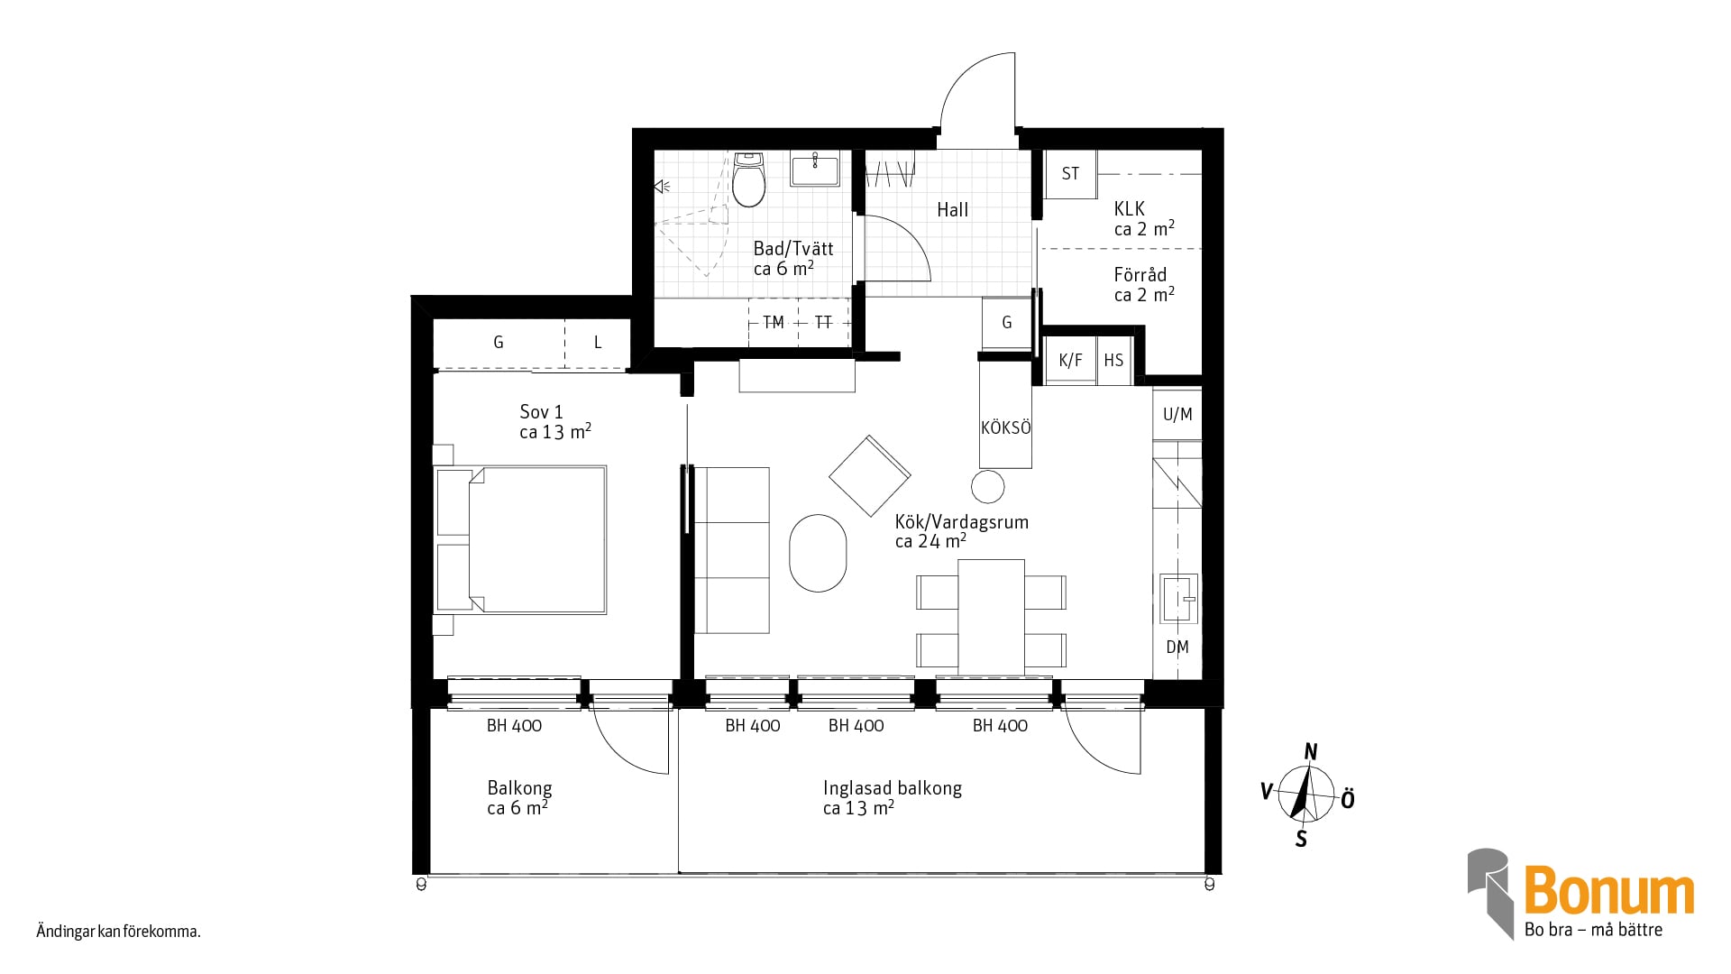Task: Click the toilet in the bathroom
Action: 748,179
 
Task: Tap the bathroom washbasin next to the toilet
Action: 815,169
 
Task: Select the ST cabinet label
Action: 1070,173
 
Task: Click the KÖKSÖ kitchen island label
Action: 1005,428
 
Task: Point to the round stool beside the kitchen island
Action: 988,487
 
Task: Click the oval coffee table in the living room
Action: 818,553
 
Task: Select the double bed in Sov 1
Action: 521,539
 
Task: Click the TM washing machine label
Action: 773,322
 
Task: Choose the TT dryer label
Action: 823,322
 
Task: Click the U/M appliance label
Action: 1177,414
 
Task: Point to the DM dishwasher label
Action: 1177,647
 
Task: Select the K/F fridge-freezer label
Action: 1070,361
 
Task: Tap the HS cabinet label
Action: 1113,361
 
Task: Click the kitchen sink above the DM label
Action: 1178,599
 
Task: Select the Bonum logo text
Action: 1609,891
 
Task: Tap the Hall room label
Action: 952,210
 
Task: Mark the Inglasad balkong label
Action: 893,788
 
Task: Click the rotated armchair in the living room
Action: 870,475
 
